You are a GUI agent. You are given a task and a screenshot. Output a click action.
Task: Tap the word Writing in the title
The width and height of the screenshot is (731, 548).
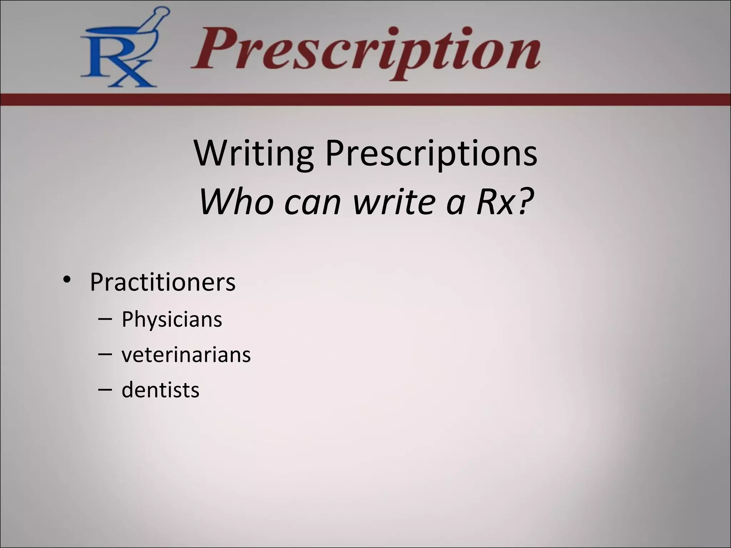pyautogui.click(x=254, y=153)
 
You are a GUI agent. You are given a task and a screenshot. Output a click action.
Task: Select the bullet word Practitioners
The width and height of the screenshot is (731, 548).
pyautogui.click(x=162, y=282)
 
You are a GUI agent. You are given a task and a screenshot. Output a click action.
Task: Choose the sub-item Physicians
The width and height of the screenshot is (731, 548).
pyautogui.click(x=172, y=319)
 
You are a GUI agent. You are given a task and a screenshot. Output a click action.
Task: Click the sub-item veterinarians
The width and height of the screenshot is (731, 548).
pyautogui.click(x=186, y=355)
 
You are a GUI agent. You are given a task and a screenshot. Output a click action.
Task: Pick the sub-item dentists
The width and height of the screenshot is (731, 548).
pyautogui.click(x=160, y=390)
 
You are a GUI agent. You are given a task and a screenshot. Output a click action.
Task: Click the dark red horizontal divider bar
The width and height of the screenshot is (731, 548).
pyautogui.click(x=365, y=100)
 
